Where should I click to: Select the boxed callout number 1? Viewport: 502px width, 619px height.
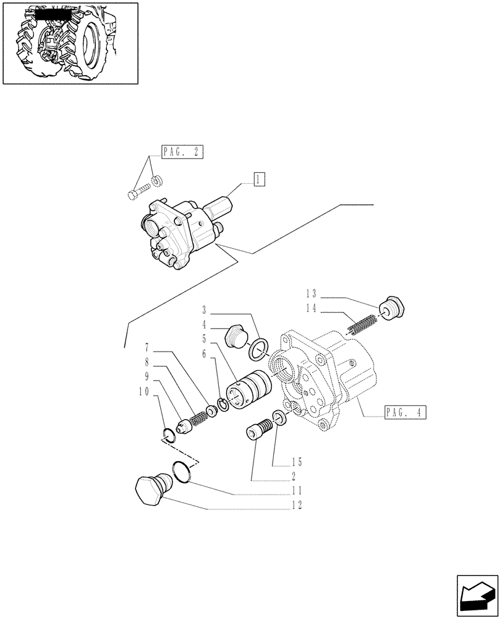(258, 180)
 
